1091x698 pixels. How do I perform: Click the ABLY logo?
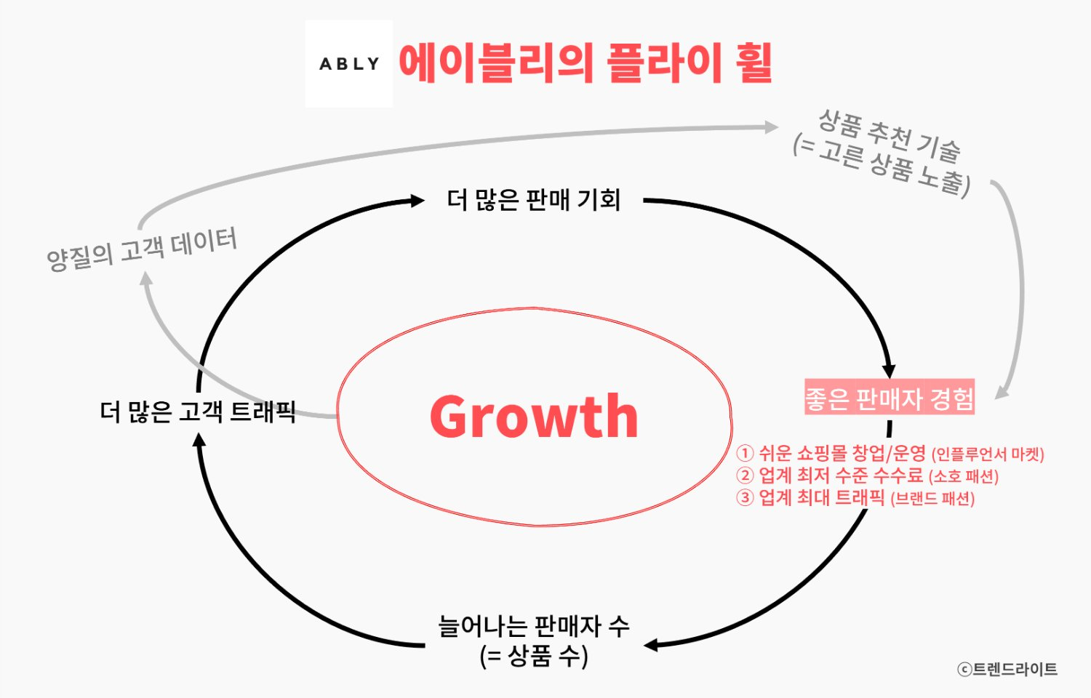[x=349, y=64]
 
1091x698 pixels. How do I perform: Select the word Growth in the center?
[x=534, y=416]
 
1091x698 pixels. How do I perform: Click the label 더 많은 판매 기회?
[x=533, y=200]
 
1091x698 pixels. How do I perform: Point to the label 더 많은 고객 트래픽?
[x=198, y=412]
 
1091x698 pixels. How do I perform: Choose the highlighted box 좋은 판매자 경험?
[x=889, y=398]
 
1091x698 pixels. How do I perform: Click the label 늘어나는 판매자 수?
[x=533, y=626]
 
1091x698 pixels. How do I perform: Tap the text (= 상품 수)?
[x=533, y=656]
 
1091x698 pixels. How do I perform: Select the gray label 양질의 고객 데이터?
[x=142, y=248]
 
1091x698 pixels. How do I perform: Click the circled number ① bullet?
[x=745, y=454]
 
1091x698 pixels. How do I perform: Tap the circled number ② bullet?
[x=745, y=476]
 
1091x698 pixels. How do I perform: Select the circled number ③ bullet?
[x=745, y=498]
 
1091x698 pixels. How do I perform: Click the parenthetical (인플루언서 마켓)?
[x=988, y=455]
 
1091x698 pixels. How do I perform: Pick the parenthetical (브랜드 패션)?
[x=932, y=500]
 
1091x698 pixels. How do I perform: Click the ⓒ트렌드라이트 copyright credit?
[x=1007, y=669]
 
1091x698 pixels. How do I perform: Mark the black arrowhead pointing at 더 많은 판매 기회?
[x=417, y=200]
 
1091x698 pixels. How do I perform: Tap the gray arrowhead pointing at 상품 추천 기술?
[x=772, y=127]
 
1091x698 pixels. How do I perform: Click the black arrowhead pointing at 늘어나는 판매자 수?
[x=652, y=645]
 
